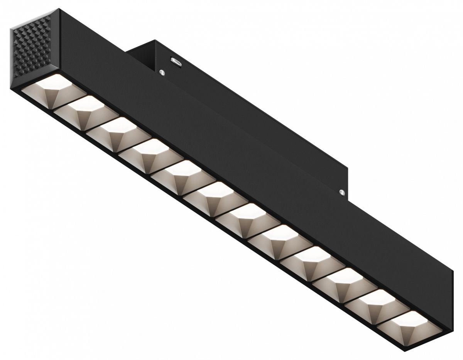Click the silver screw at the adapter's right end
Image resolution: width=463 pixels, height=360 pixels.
tap(341, 191)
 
